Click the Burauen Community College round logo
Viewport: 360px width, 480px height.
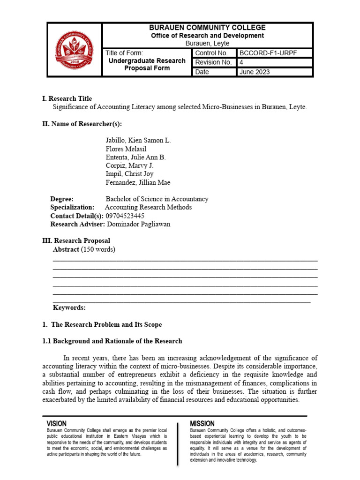(x=75, y=50)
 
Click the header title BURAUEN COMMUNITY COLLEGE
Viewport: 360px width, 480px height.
(x=207, y=28)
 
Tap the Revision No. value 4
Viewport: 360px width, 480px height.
(x=242, y=62)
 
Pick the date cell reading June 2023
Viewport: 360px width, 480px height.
(x=255, y=72)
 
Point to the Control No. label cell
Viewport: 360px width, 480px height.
(x=211, y=53)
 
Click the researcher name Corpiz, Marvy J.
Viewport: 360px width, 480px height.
(x=129, y=165)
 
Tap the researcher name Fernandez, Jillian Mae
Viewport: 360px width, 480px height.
(x=138, y=182)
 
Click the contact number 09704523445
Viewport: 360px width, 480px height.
(x=125, y=216)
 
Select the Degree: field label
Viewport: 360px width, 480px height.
(x=62, y=199)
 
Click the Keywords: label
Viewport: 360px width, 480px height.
(x=69, y=307)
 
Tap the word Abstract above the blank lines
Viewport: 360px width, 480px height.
(x=66, y=249)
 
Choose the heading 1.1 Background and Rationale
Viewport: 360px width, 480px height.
(x=112, y=341)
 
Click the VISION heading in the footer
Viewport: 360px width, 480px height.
(x=57, y=423)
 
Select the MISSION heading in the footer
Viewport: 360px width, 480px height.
(x=202, y=423)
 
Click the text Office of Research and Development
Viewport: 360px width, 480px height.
(x=207, y=36)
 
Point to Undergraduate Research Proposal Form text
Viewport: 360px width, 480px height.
(x=147, y=65)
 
